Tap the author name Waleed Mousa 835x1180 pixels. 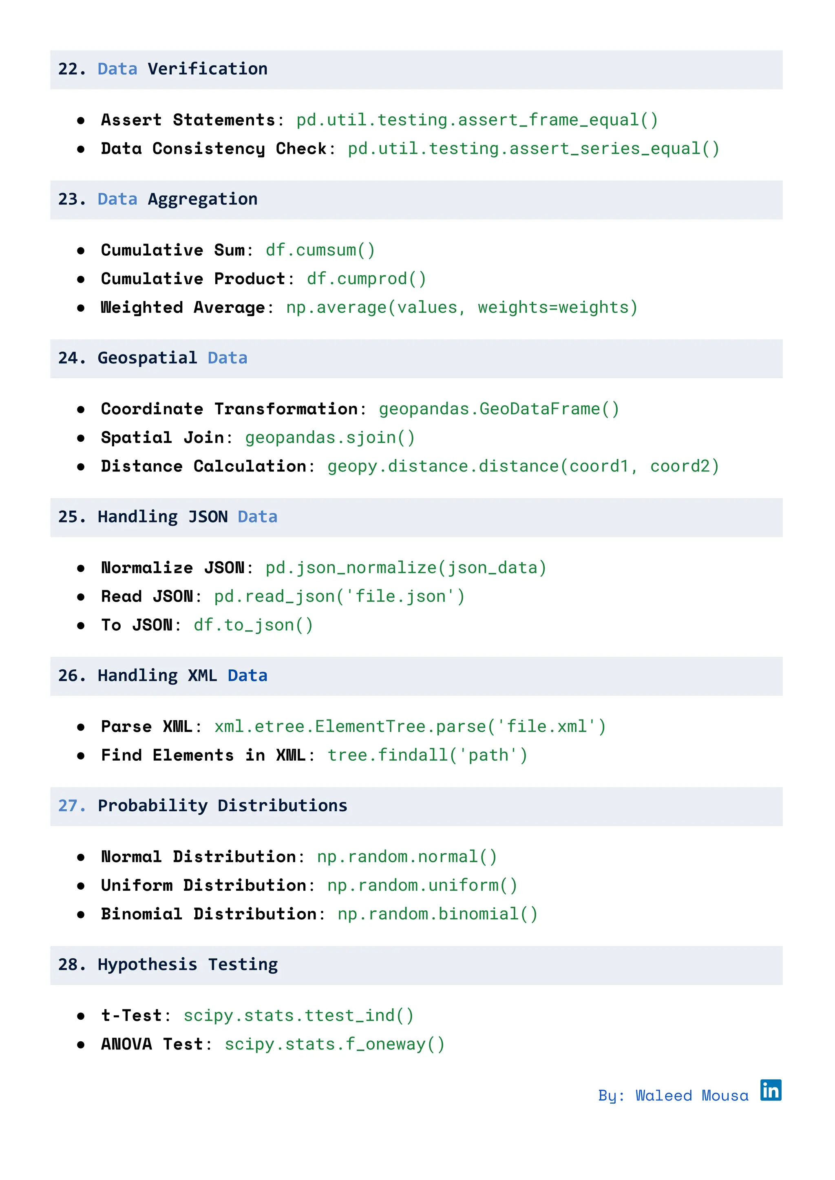pos(691,1096)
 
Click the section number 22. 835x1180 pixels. pos(71,69)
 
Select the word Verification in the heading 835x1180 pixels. pos(207,69)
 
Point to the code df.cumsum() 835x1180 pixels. pos(320,250)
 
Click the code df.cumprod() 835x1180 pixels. pos(366,279)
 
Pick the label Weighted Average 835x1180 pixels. pos(183,308)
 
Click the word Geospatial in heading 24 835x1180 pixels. pos(147,358)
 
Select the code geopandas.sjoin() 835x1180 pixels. pos(329,438)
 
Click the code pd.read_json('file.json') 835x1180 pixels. pos(339,597)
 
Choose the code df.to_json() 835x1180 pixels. pos(253,626)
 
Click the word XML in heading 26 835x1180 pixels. pos(202,676)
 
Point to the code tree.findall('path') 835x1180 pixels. pos(427,756)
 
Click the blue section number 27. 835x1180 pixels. pos(71,806)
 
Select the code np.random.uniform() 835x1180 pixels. pos(422,886)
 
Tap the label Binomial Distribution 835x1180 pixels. pos(208,914)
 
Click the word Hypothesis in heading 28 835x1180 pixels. pos(147,965)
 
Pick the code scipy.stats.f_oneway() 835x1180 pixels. pos(334,1045)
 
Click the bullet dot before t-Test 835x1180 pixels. pos(81,1016)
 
